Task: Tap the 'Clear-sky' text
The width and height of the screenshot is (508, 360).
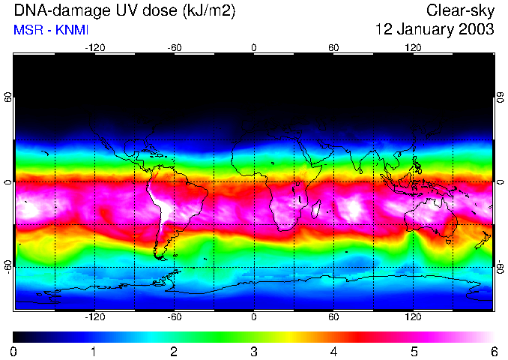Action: point(460,11)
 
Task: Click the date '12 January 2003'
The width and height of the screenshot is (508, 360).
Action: point(435,30)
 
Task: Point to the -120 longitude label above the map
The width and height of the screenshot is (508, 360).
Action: point(94,48)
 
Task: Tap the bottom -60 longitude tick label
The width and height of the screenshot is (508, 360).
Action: point(175,317)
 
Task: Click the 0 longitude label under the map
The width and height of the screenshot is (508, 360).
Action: point(254,317)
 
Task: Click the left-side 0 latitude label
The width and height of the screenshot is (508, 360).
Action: point(8,182)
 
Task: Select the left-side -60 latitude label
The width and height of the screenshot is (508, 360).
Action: point(8,266)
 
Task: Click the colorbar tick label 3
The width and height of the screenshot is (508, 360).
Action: point(253,351)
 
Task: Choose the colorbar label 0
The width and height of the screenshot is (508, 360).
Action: point(13,351)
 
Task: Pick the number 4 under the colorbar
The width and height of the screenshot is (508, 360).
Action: point(333,351)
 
